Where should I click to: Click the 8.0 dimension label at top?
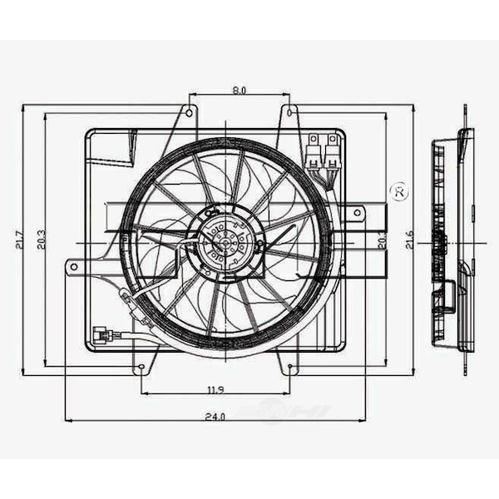(x=239, y=90)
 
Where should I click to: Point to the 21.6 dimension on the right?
(x=409, y=241)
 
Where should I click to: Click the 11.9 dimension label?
(x=214, y=388)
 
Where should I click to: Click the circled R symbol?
(x=399, y=192)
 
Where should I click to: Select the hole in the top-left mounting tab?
(x=189, y=112)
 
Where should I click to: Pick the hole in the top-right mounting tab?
(x=290, y=112)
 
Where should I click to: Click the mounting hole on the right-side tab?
(x=357, y=214)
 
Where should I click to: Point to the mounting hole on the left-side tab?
(x=73, y=267)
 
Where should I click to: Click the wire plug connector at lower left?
(x=102, y=335)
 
